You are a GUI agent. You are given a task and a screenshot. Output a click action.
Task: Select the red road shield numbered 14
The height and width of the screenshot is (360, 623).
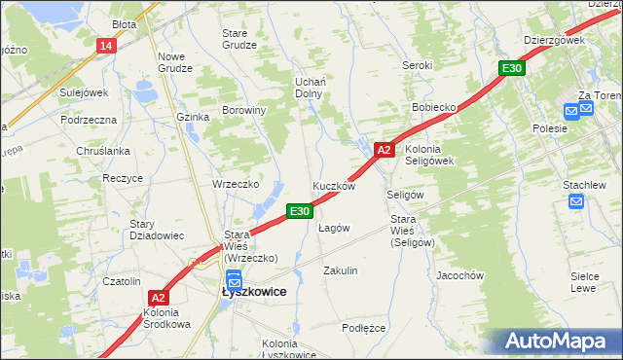click(x=106, y=46)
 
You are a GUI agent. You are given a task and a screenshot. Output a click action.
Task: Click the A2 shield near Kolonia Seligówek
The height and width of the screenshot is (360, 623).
click(x=384, y=150)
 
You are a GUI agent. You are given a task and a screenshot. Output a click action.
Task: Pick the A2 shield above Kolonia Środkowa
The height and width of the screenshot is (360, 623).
click(x=160, y=299)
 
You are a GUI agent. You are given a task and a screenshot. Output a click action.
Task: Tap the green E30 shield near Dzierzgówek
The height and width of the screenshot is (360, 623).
click(x=513, y=68)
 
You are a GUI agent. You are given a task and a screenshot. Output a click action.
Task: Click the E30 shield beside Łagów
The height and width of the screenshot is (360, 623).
click(x=299, y=210)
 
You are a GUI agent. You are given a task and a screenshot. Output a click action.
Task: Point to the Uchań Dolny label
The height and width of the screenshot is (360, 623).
click(x=309, y=88)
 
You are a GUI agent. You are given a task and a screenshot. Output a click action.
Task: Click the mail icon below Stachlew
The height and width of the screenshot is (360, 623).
click(x=576, y=202)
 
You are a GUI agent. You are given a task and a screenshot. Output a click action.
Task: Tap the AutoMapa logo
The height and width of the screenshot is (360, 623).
click(x=552, y=342)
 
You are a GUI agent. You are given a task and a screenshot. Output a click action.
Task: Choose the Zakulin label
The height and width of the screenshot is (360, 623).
click(x=341, y=270)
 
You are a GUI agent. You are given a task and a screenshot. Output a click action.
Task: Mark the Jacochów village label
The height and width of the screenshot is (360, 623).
click(x=460, y=275)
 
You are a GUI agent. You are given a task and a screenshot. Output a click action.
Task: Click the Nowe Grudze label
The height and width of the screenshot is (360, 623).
click(x=177, y=62)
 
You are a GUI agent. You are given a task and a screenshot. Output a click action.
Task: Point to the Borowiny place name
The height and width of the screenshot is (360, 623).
click(x=244, y=111)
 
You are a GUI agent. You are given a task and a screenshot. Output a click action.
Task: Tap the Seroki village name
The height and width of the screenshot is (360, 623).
click(x=417, y=65)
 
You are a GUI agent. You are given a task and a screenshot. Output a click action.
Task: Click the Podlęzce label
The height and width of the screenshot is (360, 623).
click(x=364, y=328)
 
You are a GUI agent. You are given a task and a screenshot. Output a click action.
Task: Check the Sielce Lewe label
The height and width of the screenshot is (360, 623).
click(x=583, y=282)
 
